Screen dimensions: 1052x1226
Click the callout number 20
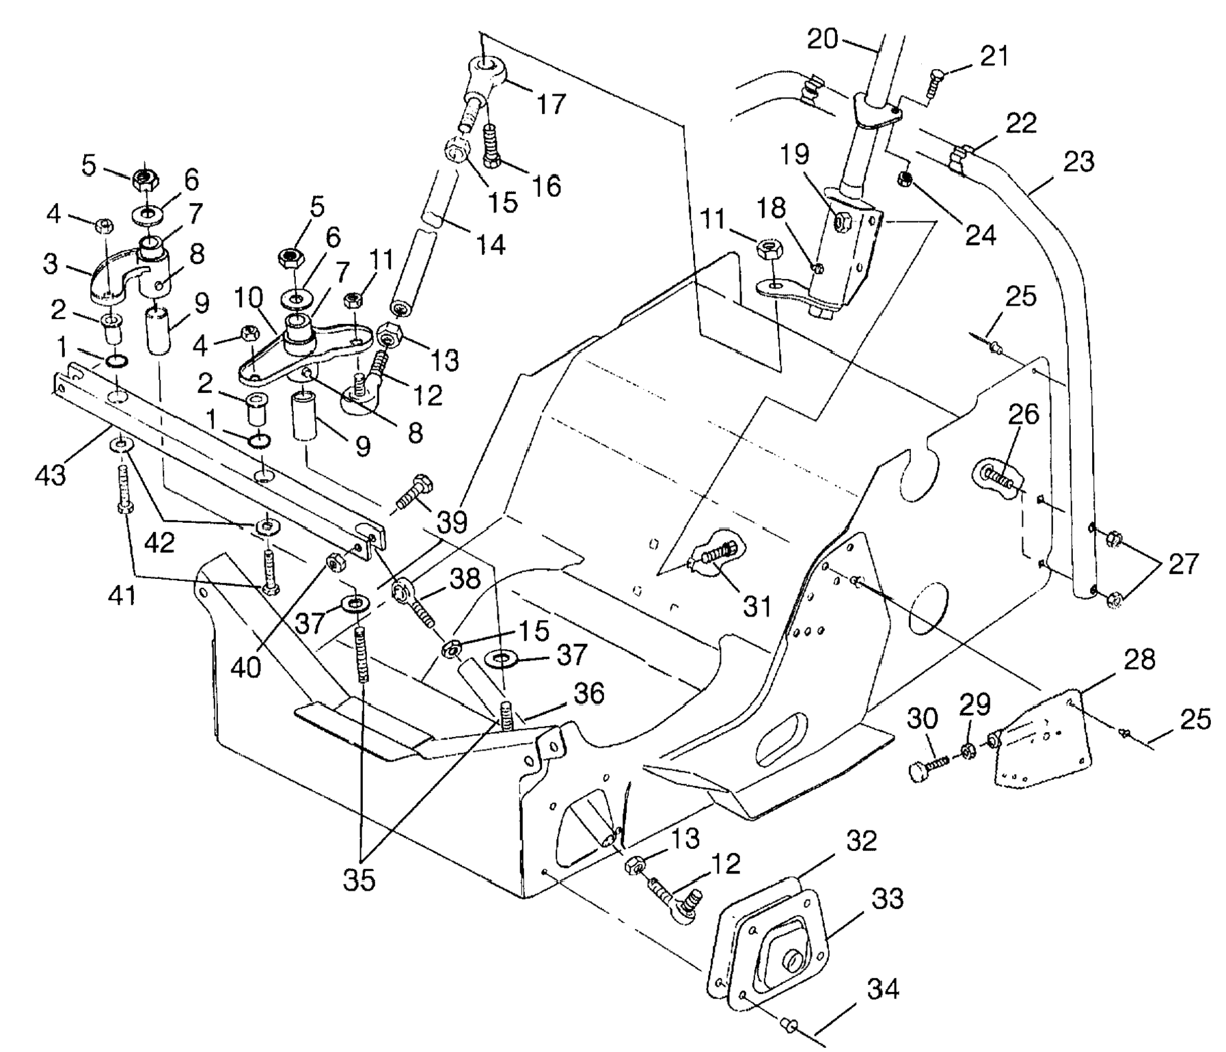pyautogui.click(x=822, y=39)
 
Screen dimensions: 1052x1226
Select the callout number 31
pyautogui.click(x=757, y=606)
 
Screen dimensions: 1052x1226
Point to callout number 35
pyautogui.click(x=359, y=880)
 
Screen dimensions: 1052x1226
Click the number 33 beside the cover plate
pyautogui.click(x=888, y=899)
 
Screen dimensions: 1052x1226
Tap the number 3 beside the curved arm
pyautogui.click(x=51, y=265)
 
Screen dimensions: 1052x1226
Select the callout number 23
pyautogui.click(x=1079, y=162)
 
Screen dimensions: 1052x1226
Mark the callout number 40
pyautogui.click(x=246, y=666)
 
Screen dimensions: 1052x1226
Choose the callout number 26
pyautogui.click(x=1023, y=415)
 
